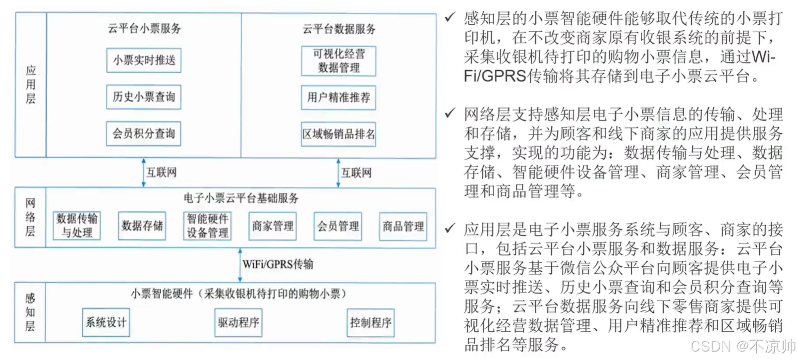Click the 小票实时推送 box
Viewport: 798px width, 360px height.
pos(144,60)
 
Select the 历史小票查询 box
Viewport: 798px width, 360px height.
pos(144,97)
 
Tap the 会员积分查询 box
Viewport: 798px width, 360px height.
pos(144,133)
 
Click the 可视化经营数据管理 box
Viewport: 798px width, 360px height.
pos(339,61)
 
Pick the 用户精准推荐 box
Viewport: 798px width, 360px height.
pos(339,98)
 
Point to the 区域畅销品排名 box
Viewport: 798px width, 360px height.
pos(339,134)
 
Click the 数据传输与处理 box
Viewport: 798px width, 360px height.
pos(77,226)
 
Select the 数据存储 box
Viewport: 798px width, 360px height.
pos(142,226)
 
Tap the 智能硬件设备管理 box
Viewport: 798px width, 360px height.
pos(208,226)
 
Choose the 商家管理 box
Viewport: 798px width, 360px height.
pos(273,226)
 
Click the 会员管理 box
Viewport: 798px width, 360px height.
pos(338,226)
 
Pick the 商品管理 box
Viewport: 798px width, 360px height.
pos(403,226)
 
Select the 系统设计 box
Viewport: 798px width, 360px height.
pos(106,322)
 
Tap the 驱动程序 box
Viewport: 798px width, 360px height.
pos(238,322)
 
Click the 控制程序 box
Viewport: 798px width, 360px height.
pos(371,322)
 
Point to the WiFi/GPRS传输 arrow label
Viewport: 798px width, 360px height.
pos(278,264)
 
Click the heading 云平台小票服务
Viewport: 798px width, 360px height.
pos(144,28)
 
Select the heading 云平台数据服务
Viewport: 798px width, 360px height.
pos(339,29)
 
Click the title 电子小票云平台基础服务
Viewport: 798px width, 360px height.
pos(241,198)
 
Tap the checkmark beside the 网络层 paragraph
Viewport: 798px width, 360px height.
pos(450,114)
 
